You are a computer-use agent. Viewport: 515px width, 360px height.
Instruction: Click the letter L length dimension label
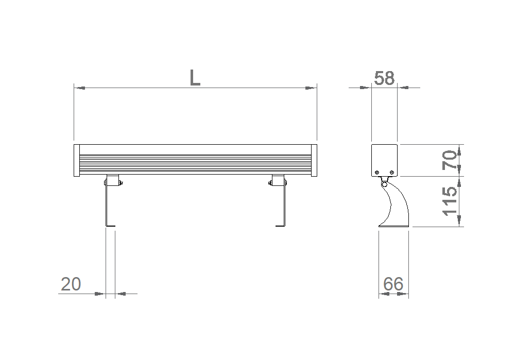195,78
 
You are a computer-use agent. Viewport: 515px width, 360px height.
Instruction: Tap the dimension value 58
384,78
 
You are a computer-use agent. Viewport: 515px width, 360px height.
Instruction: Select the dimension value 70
450,160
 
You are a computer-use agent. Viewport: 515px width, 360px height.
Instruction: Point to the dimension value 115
450,201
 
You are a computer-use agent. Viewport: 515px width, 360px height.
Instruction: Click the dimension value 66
393,284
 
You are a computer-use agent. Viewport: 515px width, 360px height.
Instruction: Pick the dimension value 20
71,284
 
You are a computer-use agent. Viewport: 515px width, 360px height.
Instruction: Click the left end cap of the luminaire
77,160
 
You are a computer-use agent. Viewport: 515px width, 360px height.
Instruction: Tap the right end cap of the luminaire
314,160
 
